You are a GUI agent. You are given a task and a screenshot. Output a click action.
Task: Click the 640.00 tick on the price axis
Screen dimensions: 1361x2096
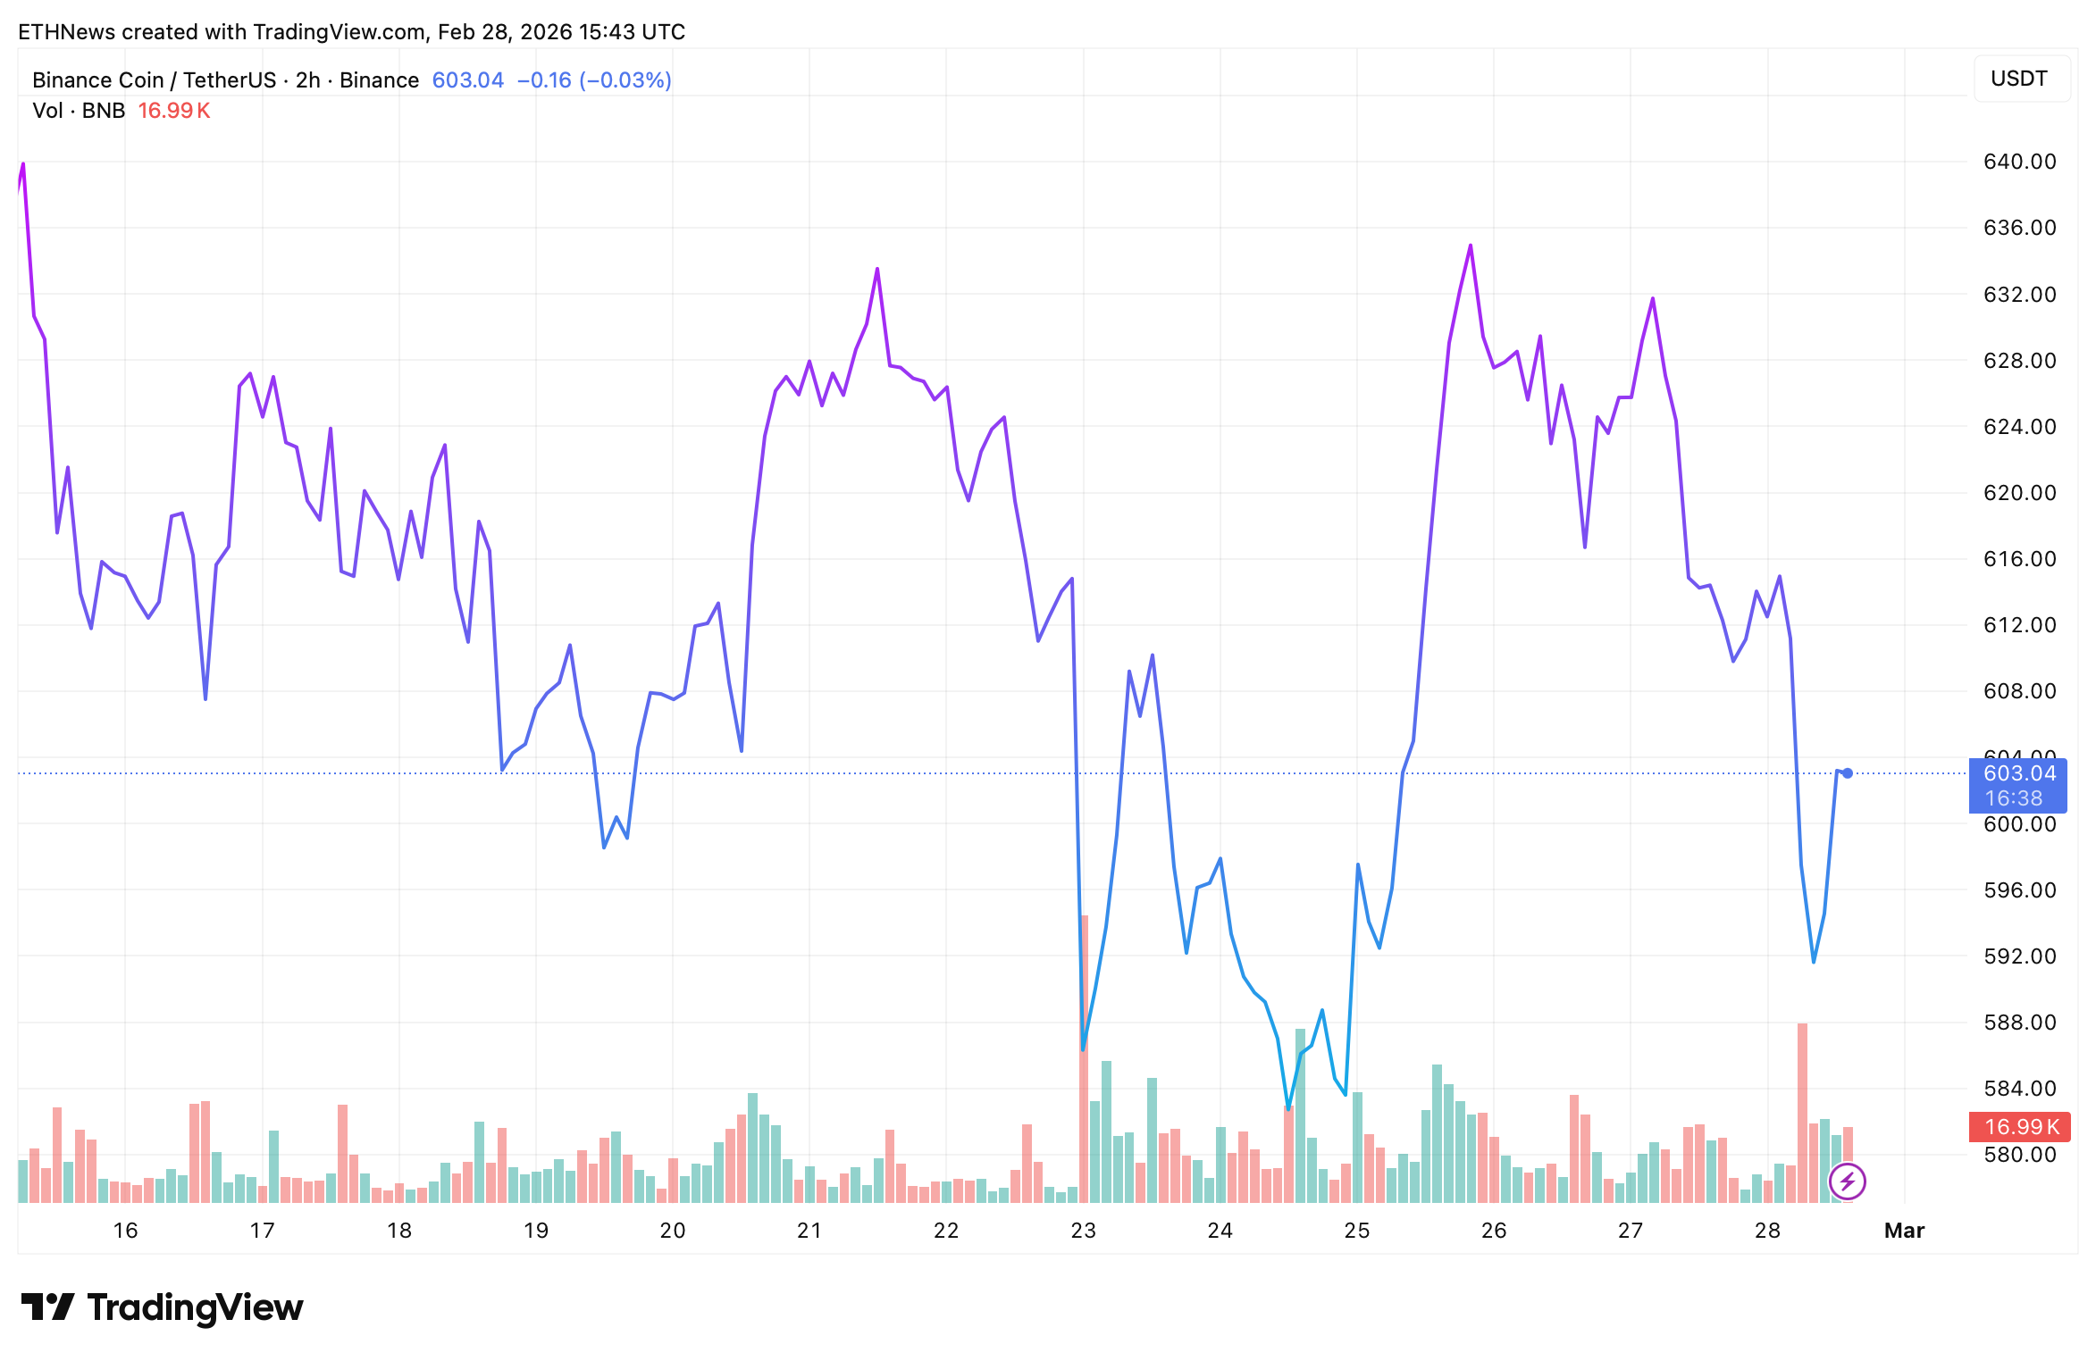point(2019,162)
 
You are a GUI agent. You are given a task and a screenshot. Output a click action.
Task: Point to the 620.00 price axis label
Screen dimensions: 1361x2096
point(2019,493)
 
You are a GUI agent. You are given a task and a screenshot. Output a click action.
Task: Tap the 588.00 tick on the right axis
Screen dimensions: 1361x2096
point(2019,1023)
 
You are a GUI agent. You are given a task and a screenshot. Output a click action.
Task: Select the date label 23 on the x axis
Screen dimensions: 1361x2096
point(1083,1231)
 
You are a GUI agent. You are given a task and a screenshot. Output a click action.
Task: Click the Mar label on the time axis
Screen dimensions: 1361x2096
point(1904,1231)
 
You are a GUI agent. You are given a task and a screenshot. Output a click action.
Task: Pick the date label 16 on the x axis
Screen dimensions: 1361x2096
point(125,1231)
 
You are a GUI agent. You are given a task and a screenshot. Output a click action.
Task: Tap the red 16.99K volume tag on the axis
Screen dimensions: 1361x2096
point(2017,1127)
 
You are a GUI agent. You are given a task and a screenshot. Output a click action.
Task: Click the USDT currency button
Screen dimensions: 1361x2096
point(2018,79)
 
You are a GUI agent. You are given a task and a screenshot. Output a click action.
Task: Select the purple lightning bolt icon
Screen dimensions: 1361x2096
point(1847,1181)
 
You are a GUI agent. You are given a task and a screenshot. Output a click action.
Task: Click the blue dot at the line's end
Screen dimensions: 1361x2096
point(1848,773)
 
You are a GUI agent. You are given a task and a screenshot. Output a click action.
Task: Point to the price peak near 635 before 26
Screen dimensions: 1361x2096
point(1470,246)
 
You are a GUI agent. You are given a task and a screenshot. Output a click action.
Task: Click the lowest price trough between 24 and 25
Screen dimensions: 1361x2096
point(1287,1108)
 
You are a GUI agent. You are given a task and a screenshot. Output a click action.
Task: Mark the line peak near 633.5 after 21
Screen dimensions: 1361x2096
point(877,269)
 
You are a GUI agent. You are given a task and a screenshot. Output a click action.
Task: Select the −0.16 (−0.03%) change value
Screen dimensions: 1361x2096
point(594,80)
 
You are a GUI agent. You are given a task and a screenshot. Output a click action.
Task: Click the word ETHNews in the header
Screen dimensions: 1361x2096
point(66,32)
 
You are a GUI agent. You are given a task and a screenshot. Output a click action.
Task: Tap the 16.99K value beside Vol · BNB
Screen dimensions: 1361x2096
point(174,111)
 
